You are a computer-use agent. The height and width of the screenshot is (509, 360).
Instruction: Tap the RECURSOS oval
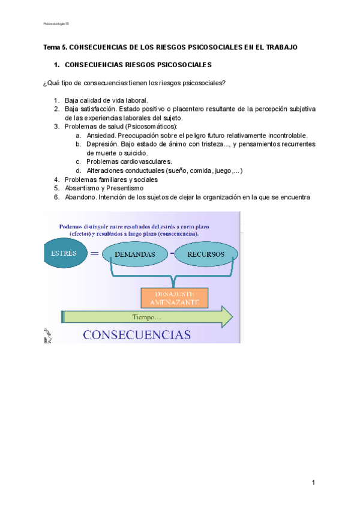[206, 254]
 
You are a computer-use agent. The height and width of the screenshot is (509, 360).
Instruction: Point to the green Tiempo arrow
[147, 316]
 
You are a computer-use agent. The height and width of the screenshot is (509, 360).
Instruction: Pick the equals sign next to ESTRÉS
[94, 253]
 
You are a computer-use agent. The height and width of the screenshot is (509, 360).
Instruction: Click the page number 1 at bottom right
[313, 483]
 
